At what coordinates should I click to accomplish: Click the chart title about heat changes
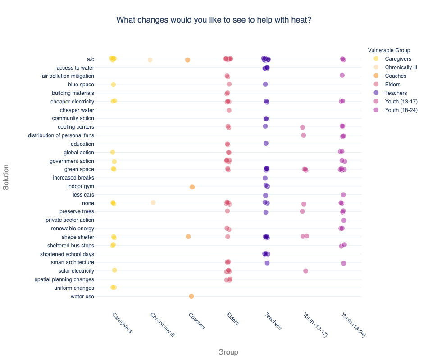click(x=214, y=20)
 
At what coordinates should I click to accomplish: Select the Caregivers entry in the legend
click(x=398, y=59)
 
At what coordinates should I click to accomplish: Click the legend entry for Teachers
click(x=396, y=93)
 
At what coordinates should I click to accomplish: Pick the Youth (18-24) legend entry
click(x=401, y=110)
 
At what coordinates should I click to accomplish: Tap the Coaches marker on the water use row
click(x=191, y=296)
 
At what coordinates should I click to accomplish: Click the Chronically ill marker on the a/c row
click(x=150, y=60)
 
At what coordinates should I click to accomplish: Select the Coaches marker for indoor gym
click(x=192, y=187)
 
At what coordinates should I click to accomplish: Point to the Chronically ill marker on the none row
click(x=153, y=202)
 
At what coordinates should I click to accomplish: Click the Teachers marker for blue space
click(x=265, y=85)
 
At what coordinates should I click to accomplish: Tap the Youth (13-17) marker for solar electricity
click(x=305, y=271)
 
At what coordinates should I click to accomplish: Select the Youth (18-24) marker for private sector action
click(x=344, y=220)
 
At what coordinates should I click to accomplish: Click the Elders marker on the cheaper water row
click(x=229, y=110)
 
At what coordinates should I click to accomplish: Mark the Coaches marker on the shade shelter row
click(x=188, y=237)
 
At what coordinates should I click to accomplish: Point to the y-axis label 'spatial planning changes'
click(x=64, y=279)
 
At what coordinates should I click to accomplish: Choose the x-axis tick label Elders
click(x=232, y=319)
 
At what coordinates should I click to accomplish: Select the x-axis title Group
click(x=228, y=352)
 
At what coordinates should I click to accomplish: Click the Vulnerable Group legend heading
click(x=389, y=50)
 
